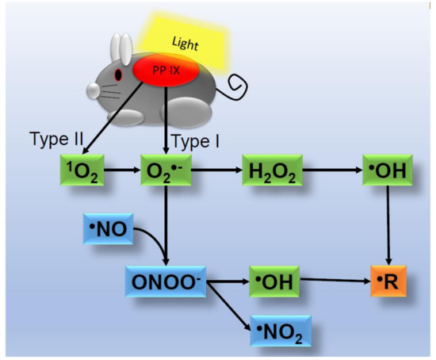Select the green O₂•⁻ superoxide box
pyautogui.click(x=166, y=170)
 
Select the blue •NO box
pyautogui.click(x=109, y=229)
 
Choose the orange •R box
pyautogui.click(x=388, y=281)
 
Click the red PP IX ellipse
pyautogui.click(x=165, y=70)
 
